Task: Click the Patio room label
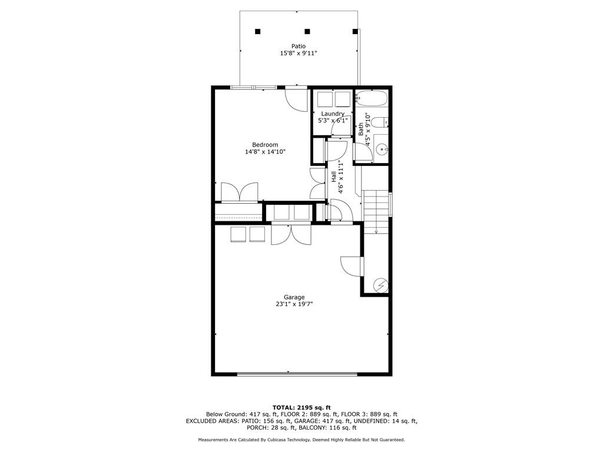tap(299, 46)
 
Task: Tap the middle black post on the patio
tap(307, 31)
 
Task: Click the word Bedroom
tap(265, 145)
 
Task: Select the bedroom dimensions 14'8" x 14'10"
tap(265, 152)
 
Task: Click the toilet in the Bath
tap(382, 122)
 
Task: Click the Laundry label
tap(333, 114)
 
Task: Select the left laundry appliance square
tap(324, 98)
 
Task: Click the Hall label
tap(333, 175)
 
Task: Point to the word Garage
tap(294, 297)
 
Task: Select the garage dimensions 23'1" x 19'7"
tap(294, 304)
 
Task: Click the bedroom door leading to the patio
tap(296, 99)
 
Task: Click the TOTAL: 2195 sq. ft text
tap(301, 407)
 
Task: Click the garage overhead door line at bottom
tap(297, 374)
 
